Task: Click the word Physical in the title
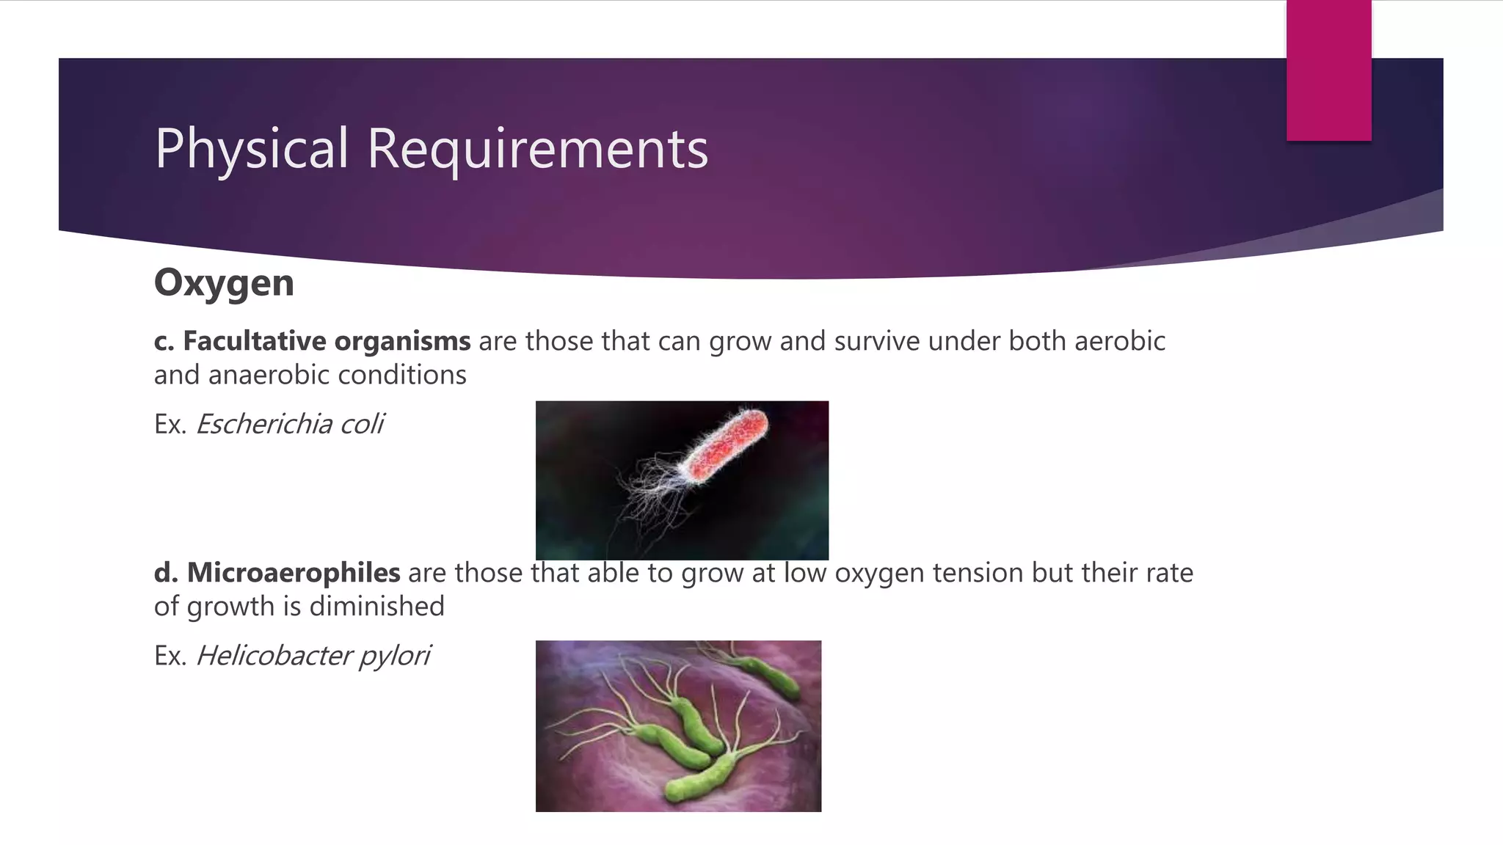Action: (251, 149)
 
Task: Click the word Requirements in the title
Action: (537, 149)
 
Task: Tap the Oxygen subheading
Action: (224, 283)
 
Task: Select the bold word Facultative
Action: (254, 341)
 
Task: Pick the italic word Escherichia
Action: (263, 424)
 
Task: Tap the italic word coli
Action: (361, 424)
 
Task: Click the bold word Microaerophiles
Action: (293, 573)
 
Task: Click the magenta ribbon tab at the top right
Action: (1328, 70)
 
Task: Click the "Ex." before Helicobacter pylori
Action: (170, 656)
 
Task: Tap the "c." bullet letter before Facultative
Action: (164, 342)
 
